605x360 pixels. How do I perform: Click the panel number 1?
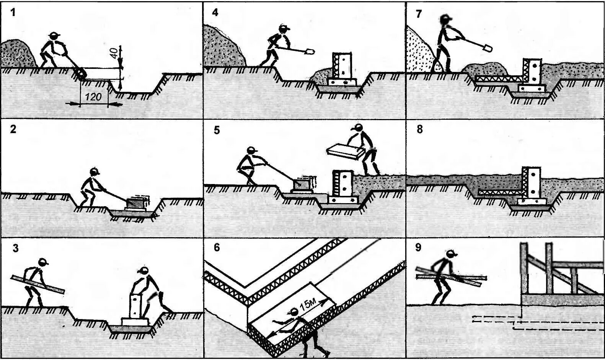pos(13,13)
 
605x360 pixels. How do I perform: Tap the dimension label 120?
pos(93,97)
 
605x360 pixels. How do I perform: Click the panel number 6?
pos(217,248)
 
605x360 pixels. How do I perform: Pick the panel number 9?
pos(418,248)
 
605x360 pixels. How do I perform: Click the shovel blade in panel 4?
pos(310,51)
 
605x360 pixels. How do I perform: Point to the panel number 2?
pos(13,129)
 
